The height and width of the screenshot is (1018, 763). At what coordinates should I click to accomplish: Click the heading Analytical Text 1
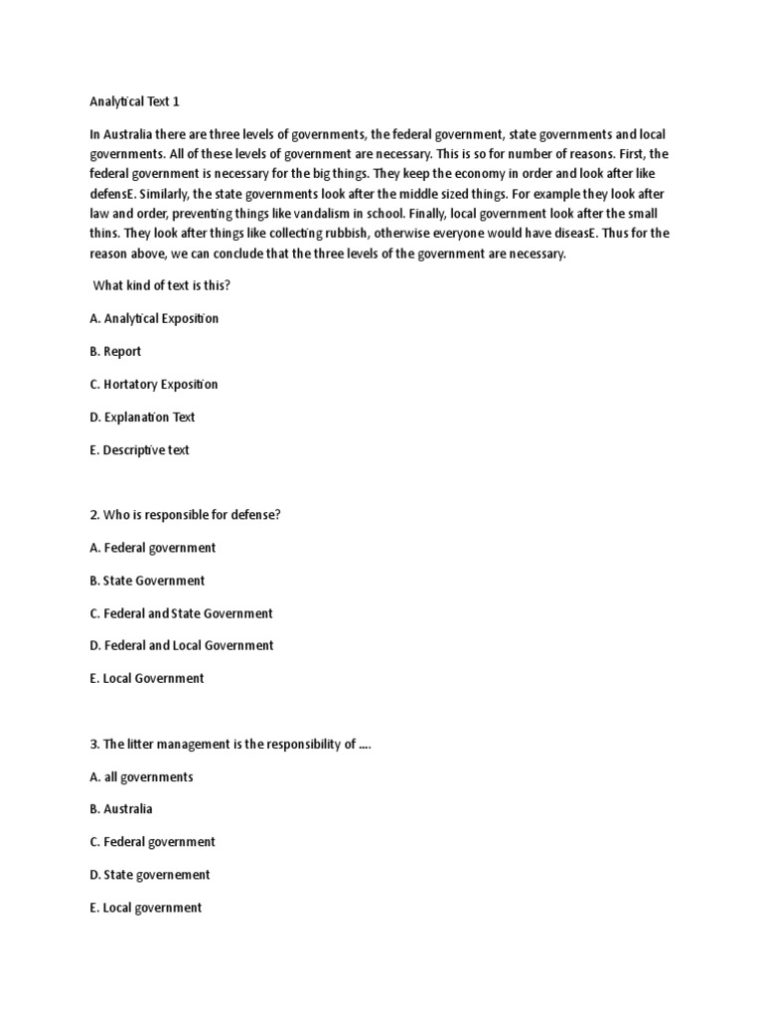[x=136, y=101]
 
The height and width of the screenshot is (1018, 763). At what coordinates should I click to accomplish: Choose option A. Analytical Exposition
[x=154, y=318]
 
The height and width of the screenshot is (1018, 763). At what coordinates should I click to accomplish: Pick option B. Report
[x=115, y=351]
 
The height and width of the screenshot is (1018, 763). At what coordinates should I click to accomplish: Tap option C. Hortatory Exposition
[x=154, y=384]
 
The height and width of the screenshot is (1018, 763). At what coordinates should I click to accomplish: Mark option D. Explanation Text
[x=142, y=417]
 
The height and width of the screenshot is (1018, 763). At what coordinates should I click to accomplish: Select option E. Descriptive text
[x=139, y=449]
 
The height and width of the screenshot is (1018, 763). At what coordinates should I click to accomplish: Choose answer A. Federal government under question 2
[x=152, y=547]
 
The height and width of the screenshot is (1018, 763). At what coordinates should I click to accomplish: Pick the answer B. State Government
[x=147, y=580]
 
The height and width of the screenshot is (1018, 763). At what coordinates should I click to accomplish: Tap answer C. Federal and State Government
[x=181, y=612]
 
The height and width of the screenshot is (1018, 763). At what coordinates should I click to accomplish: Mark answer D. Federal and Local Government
[x=181, y=645]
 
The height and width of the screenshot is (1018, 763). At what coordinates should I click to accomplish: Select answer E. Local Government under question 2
[x=146, y=678]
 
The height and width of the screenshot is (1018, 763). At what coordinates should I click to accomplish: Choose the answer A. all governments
[x=141, y=776]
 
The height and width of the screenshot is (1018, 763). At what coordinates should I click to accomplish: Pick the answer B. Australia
[x=121, y=809]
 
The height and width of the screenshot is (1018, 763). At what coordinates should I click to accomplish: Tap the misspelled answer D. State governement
[x=150, y=875]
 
